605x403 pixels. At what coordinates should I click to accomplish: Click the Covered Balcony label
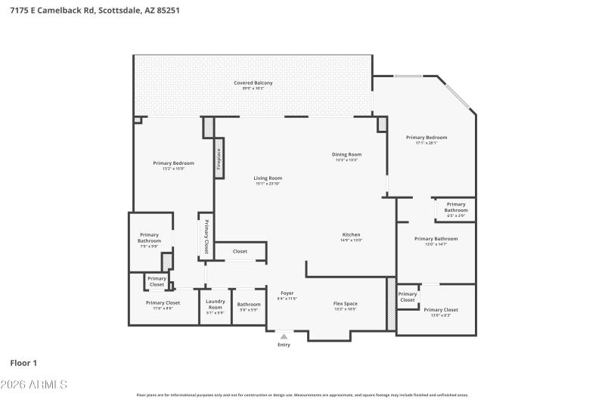[253, 82]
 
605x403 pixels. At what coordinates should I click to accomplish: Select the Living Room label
[267, 178]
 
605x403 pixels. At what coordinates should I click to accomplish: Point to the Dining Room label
[346, 154]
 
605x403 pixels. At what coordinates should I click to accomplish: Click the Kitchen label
[351, 234]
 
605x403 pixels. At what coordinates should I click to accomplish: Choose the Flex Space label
[346, 303]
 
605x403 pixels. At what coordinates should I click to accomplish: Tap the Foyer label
[287, 293]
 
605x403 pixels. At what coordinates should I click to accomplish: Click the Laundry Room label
[216, 304]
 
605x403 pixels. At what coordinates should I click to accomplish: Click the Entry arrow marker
[284, 336]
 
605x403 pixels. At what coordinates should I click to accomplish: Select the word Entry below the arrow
[284, 345]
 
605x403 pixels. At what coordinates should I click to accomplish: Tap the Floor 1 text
[23, 364]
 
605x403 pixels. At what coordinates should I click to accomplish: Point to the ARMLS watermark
[34, 385]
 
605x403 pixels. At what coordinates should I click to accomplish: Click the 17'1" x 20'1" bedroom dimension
[427, 143]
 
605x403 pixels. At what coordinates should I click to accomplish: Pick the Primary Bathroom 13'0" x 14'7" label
[436, 241]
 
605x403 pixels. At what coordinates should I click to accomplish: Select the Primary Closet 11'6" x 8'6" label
[163, 305]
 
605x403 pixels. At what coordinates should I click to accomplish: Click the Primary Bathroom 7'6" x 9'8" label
[149, 240]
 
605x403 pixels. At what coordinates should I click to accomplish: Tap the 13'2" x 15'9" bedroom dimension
[173, 169]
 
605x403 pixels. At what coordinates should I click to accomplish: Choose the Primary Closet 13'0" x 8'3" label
[440, 312]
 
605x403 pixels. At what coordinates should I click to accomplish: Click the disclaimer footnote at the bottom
[302, 395]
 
